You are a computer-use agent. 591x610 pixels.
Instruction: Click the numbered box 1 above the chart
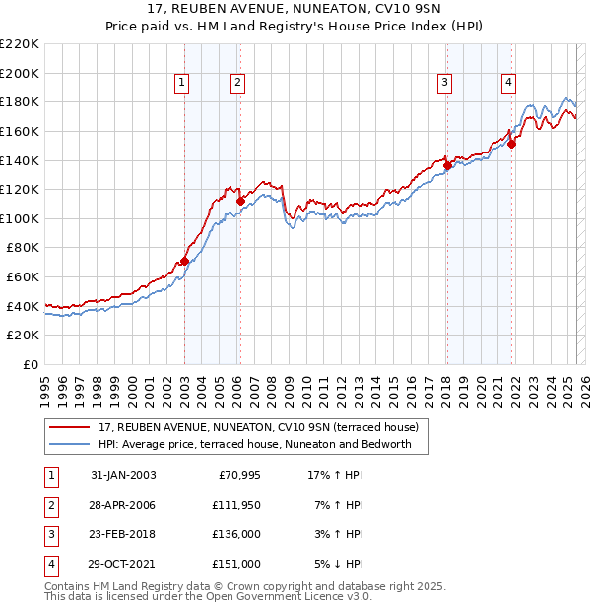coord(183,83)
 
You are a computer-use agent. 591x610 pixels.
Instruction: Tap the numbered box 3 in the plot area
coord(445,83)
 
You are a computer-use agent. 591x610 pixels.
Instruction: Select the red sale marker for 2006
coord(240,202)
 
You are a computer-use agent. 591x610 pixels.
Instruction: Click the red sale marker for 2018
coord(447,165)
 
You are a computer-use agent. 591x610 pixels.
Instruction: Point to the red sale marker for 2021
coord(512,144)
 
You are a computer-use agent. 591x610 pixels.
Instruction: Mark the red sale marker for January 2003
coord(184,261)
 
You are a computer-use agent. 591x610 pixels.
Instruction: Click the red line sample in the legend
coord(69,427)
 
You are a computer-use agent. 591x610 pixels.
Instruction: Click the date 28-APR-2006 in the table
coord(123,505)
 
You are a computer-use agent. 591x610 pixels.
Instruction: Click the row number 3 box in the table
coord(51,534)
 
